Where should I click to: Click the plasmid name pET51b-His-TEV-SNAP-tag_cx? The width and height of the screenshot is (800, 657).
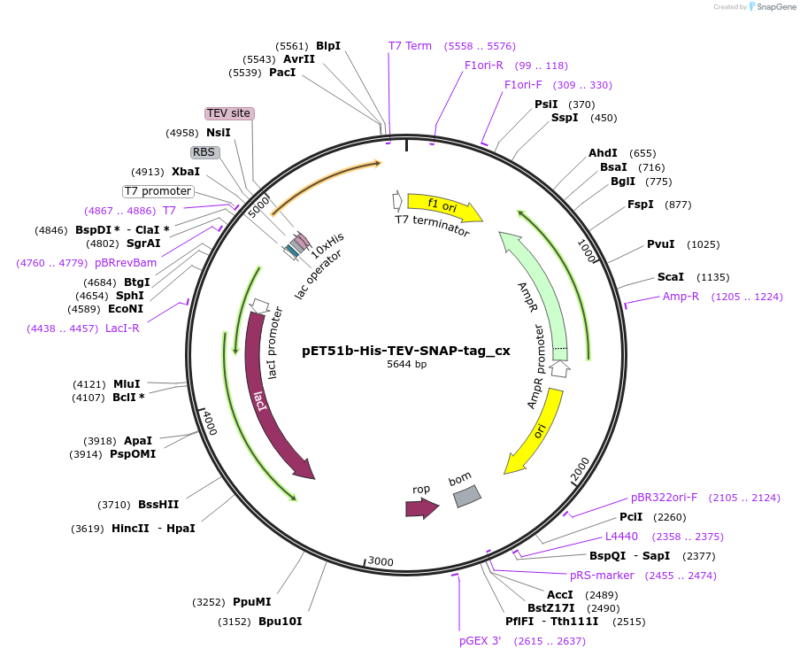coord(406,350)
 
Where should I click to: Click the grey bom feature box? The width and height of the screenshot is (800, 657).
coord(466,496)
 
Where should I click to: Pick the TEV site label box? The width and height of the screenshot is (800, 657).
coord(229,113)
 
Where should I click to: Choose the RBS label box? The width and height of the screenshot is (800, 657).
coord(204,152)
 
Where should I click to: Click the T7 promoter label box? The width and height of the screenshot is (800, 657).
coord(158,191)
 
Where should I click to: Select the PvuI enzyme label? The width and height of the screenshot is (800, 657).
coord(660,244)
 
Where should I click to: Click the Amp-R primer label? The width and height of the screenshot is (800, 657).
coord(681,297)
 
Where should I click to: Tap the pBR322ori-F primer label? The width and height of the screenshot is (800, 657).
coord(664,498)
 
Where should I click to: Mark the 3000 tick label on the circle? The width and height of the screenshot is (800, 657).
coord(381,561)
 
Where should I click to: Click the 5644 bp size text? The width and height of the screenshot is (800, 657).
coord(406,364)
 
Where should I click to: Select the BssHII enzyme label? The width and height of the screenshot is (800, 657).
coord(158,505)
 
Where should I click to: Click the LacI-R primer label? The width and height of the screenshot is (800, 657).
coord(122,328)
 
